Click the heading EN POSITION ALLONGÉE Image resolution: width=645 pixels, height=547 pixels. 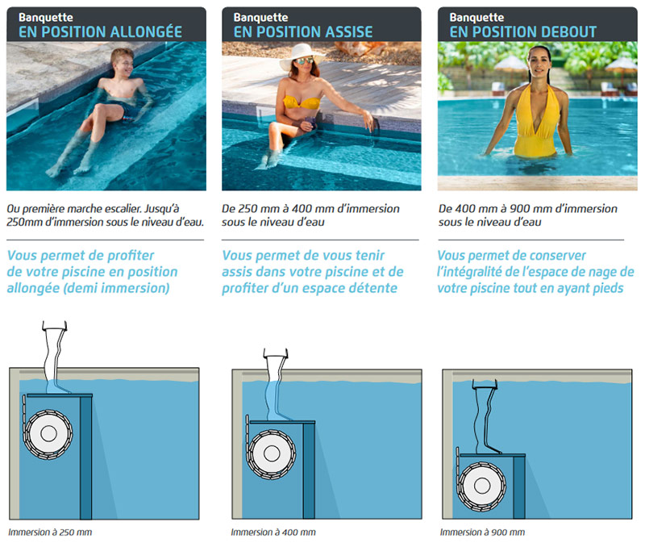point(101,31)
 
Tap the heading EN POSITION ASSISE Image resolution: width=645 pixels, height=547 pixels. point(303,31)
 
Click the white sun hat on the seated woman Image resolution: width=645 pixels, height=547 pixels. point(301,54)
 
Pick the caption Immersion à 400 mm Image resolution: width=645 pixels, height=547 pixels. point(273,532)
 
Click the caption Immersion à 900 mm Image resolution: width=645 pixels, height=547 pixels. point(482,532)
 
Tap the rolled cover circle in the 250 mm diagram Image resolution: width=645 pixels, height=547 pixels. point(48,433)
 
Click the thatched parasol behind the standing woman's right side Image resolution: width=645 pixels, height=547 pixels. point(511,64)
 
